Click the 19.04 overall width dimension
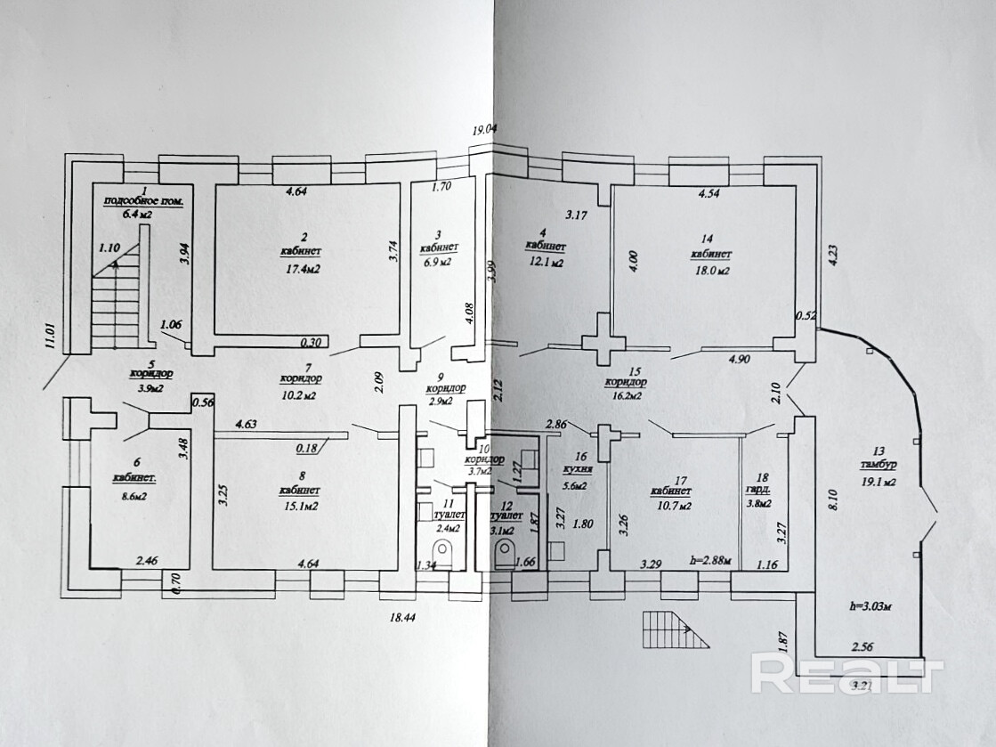point(484,130)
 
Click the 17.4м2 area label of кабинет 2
point(304,267)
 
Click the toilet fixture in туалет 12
point(506,552)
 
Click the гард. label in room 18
point(763,490)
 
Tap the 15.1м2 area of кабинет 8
point(305,506)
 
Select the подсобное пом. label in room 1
point(143,202)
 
